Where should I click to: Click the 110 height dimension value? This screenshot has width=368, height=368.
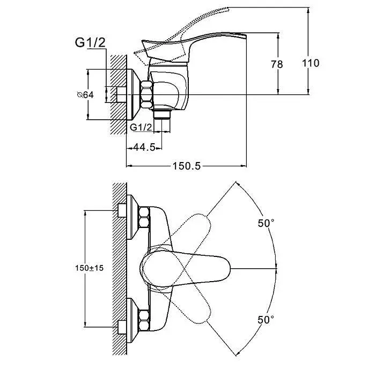tap(311, 63)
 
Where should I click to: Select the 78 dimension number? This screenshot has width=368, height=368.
tap(277, 64)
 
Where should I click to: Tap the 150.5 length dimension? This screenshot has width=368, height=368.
tap(187, 166)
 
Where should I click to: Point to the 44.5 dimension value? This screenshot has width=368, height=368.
tap(144, 148)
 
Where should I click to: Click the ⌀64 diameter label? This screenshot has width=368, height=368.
tap(85, 95)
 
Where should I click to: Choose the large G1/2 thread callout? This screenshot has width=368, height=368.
tap(90, 42)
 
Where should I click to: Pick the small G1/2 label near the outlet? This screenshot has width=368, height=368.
tap(141, 128)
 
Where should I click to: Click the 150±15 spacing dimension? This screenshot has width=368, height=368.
tap(89, 268)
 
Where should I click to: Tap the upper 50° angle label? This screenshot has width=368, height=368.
tap(266, 223)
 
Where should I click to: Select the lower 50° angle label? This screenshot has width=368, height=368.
tap(266, 319)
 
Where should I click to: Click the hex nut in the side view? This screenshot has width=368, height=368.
tap(147, 94)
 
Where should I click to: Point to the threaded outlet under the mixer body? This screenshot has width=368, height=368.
tap(161, 114)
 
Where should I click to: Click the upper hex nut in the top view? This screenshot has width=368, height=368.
tap(144, 217)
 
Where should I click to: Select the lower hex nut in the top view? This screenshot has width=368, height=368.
tap(144, 320)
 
